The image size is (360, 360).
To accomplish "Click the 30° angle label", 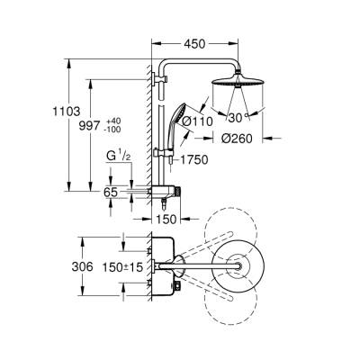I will (238, 115).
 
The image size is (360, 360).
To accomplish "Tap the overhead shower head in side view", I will (239, 88).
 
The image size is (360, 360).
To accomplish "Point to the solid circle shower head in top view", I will (238, 265).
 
